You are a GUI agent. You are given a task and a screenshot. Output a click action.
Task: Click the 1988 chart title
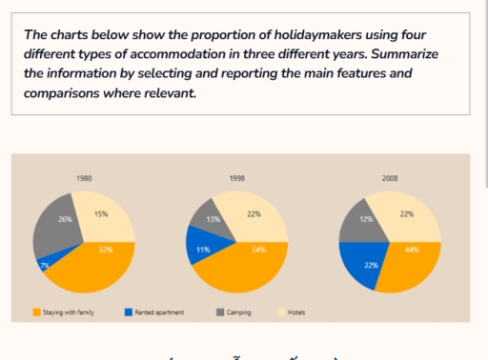(84, 178)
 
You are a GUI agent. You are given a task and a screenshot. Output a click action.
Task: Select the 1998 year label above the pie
(237, 178)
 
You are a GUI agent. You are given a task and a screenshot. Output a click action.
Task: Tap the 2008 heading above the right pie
(390, 178)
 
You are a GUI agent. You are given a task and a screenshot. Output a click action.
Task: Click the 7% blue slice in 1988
(45, 264)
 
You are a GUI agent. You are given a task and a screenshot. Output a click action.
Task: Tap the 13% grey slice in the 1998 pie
(211, 218)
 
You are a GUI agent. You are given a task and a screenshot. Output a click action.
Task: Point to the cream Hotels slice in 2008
(407, 216)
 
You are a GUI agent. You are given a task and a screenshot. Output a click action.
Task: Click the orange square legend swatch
(36, 311)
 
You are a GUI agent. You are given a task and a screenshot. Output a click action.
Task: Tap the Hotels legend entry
(296, 311)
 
